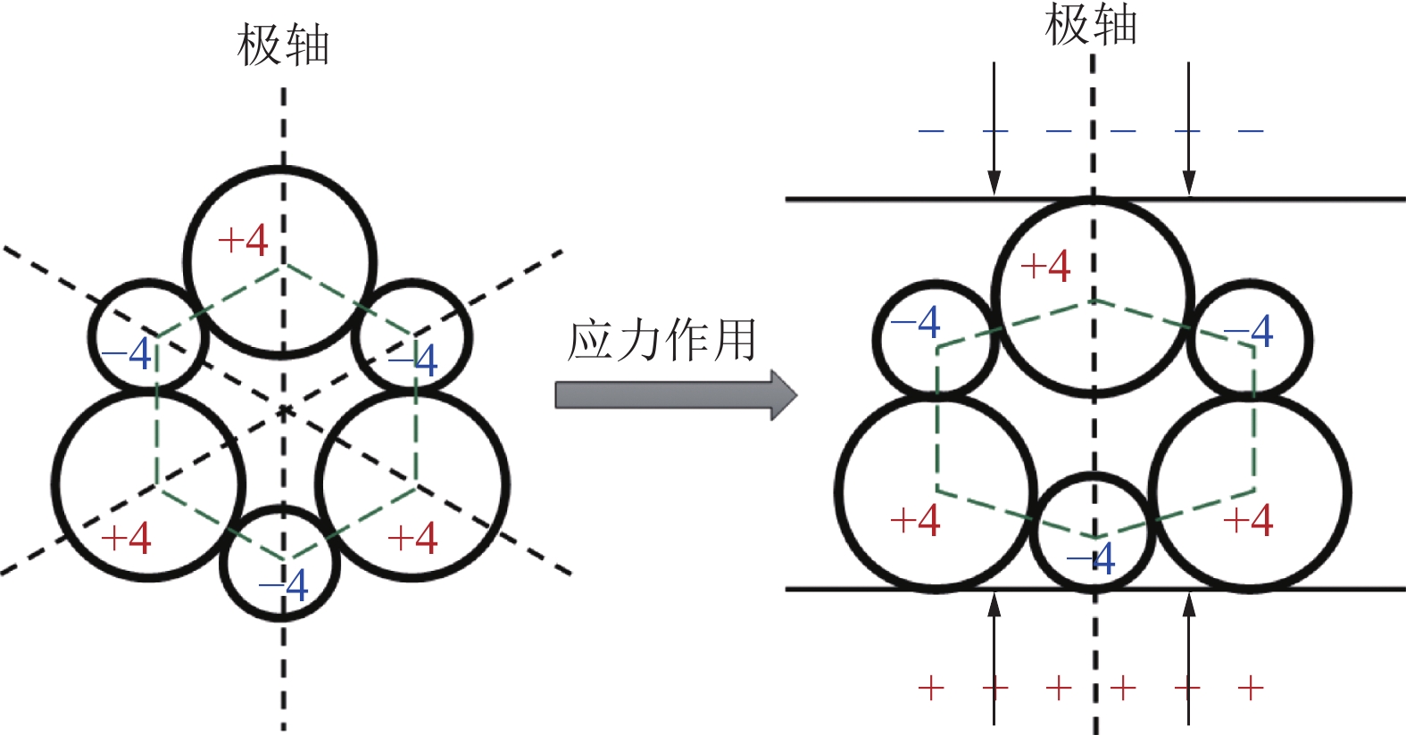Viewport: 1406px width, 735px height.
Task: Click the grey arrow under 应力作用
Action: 676,395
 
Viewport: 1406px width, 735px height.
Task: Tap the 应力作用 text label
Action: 661,341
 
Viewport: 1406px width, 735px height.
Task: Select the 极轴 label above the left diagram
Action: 283,45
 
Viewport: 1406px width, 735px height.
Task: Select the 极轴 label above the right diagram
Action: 1091,24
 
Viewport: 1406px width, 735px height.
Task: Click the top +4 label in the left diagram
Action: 243,240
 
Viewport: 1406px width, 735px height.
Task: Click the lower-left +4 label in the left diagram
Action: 126,538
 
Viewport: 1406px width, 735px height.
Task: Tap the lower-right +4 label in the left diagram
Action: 412,538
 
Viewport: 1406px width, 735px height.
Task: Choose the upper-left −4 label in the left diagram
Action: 127,354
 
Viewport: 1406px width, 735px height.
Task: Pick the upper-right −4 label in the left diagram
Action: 412,360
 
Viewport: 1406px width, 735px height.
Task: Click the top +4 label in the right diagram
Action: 1045,266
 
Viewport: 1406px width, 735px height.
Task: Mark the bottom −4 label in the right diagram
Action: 1091,558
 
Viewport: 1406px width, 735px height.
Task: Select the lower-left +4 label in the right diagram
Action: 915,520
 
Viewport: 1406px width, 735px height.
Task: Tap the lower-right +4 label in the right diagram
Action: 1248,520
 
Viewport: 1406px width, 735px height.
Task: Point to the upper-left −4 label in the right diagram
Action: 916,322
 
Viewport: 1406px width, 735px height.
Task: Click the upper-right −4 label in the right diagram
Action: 1249,331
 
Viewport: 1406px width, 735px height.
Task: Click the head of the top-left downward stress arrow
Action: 994,183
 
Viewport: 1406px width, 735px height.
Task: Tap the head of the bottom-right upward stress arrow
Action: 1188,607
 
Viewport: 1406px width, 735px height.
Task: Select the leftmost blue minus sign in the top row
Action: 931,131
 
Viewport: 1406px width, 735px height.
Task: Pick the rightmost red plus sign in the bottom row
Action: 1251,688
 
